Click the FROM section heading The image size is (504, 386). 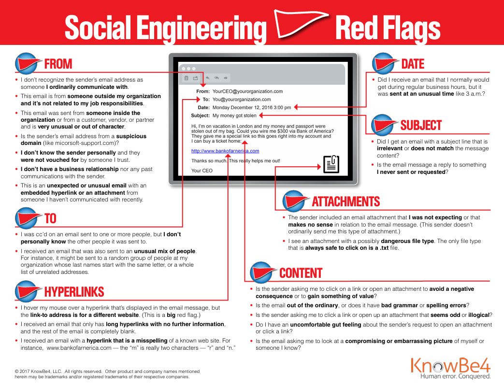click(x=58, y=64)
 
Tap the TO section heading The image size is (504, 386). click(x=50, y=218)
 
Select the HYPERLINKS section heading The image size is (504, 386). click(x=74, y=292)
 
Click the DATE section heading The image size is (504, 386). click(x=413, y=64)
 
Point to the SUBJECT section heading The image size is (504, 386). click(x=421, y=125)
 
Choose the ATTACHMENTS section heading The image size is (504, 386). click(x=346, y=201)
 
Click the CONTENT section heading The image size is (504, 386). click(x=301, y=273)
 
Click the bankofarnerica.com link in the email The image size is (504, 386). click(x=225, y=151)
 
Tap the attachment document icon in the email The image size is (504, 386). click(x=331, y=164)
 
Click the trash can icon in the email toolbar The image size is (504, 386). click(x=186, y=78)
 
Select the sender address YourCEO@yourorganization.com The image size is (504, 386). click(x=247, y=91)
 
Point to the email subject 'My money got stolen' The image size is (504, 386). click(x=234, y=115)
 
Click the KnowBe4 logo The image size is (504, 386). click(x=450, y=368)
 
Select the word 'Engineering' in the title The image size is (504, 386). click(x=202, y=29)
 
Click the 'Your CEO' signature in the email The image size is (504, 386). click(x=202, y=171)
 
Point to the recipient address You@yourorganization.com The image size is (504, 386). click(x=242, y=100)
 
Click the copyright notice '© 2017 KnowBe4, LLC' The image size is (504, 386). click(x=38, y=371)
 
